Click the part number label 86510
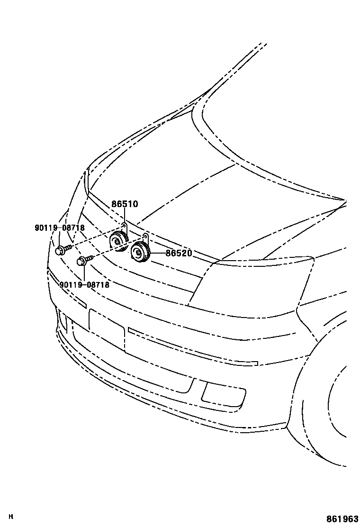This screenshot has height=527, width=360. click(x=125, y=204)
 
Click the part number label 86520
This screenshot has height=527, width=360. click(x=179, y=254)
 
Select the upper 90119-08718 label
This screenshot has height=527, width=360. click(x=59, y=228)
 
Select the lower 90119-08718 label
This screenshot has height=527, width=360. click(x=85, y=285)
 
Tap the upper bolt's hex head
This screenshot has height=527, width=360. click(x=60, y=251)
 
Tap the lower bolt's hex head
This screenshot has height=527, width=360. click(x=81, y=261)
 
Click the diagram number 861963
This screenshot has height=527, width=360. click(x=341, y=519)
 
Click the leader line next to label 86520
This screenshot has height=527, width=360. click(x=158, y=254)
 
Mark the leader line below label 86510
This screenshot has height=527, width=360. click(x=125, y=216)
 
